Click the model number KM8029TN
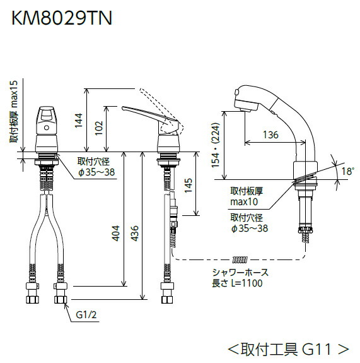pos(60,18)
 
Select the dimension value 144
pos(79,119)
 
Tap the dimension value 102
pos(99,129)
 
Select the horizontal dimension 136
pos(269,134)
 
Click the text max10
pos(243,201)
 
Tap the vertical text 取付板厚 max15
pos(15,113)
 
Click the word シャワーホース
pos(240,273)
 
